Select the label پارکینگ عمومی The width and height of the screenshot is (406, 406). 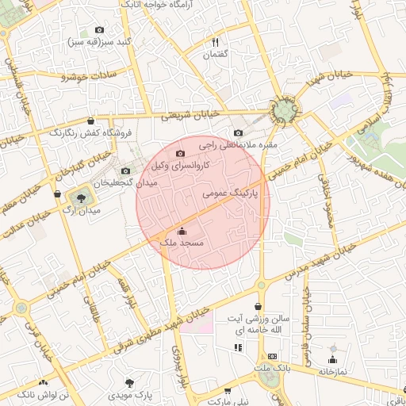tap(231, 193)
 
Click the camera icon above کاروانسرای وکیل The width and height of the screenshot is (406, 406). tap(180, 153)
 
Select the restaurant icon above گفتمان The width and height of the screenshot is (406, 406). tap(215, 42)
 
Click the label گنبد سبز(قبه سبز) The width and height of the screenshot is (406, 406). tap(99, 41)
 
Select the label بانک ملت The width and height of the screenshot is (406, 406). tap(272, 369)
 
